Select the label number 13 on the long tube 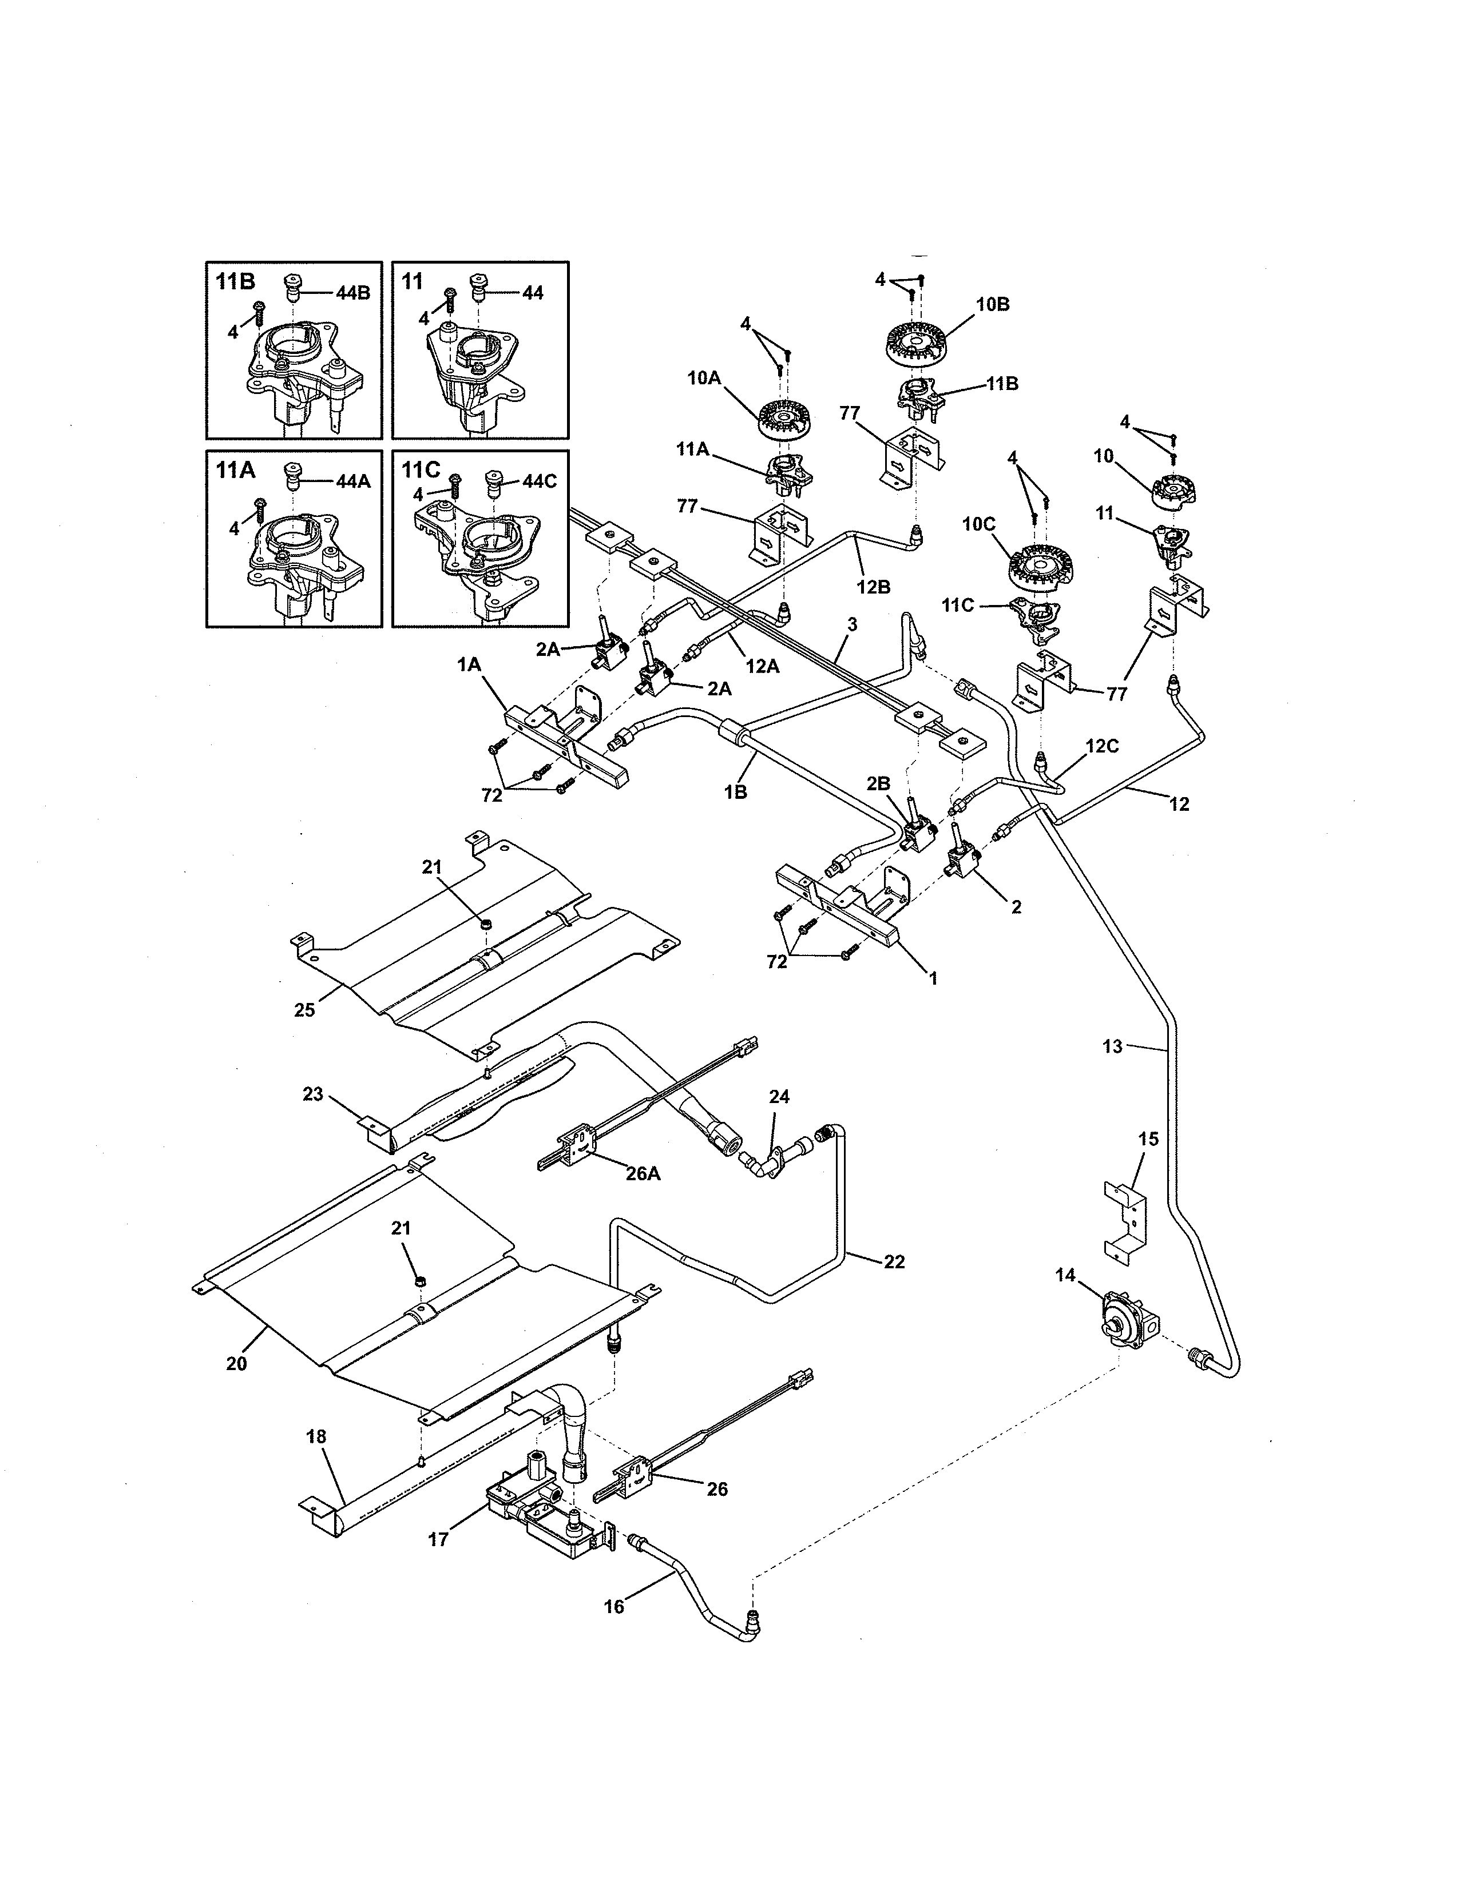coord(1112,1046)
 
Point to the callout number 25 coord(304,1009)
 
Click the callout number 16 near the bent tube coord(614,1606)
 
